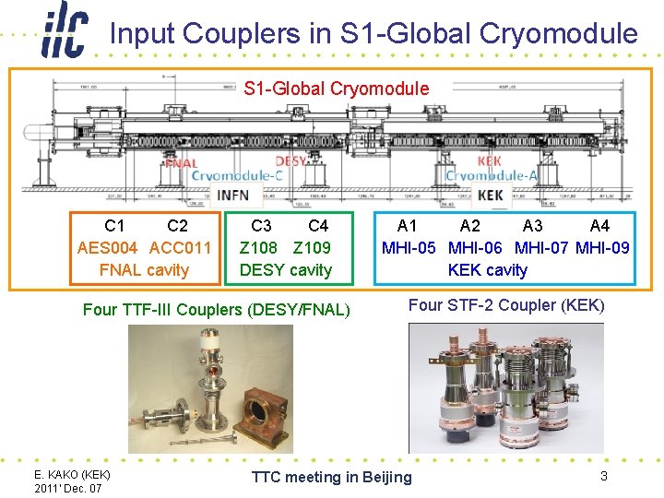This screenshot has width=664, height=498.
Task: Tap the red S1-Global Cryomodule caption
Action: coord(337,89)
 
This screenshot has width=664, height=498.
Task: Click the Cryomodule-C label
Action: coord(237,175)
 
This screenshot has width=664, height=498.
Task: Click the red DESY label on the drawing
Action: coord(291,160)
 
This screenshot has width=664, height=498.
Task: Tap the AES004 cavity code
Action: coord(108,248)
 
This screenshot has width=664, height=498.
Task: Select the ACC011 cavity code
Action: coord(180,248)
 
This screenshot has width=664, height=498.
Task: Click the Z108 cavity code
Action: coord(258,248)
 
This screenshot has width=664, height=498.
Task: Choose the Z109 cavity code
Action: coord(312,248)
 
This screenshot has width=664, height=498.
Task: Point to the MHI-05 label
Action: coord(409,248)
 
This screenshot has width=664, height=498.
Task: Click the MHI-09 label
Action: coord(603,248)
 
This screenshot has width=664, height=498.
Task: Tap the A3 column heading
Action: coord(532,226)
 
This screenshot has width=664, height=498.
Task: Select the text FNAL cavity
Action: coord(144,270)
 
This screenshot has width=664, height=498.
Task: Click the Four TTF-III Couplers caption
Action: coord(217,310)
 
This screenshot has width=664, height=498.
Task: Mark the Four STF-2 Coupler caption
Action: coord(506,305)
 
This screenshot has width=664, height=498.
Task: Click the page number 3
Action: coord(603,476)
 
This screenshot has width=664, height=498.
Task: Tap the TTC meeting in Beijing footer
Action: coord(332,477)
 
